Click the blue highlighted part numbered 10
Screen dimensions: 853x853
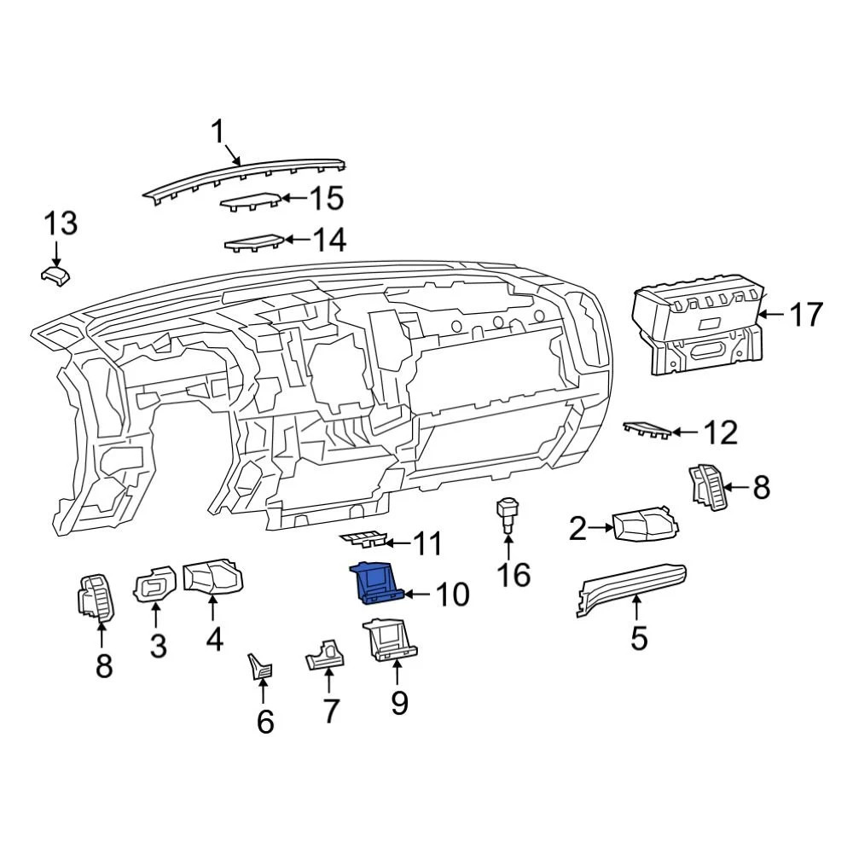[x=374, y=583]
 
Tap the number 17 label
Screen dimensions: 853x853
[x=804, y=315]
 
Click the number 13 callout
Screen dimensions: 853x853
[x=61, y=223]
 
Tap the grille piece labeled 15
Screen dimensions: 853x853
[x=251, y=201]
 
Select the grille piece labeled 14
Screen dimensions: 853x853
[x=254, y=242]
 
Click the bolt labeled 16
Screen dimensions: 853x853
[x=506, y=515]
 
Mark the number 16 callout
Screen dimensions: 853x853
[x=514, y=574]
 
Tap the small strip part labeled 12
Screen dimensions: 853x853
[x=646, y=429]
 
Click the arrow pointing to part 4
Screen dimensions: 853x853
[x=212, y=608]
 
